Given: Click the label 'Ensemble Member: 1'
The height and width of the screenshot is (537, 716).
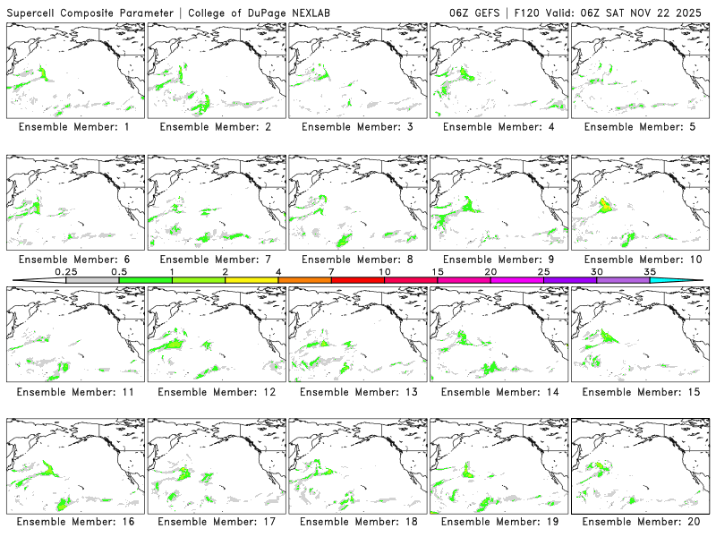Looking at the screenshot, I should pyautogui.click(x=74, y=127).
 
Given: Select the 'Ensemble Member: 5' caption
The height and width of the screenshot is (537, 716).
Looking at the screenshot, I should pyautogui.click(x=640, y=127).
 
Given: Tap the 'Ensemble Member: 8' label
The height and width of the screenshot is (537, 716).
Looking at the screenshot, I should pyautogui.click(x=357, y=260).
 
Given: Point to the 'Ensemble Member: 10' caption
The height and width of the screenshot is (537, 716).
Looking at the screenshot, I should pyautogui.click(x=640, y=260).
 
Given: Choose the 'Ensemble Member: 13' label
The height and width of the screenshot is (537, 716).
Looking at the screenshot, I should pyautogui.click(x=357, y=392).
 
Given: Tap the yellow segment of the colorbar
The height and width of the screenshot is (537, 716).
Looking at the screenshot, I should pyautogui.click(x=251, y=280).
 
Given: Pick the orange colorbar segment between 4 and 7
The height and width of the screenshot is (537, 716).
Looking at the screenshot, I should pyautogui.click(x=304, y=280).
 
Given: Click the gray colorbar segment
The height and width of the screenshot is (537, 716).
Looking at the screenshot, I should pyautogui.click(x=92, y=280).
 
